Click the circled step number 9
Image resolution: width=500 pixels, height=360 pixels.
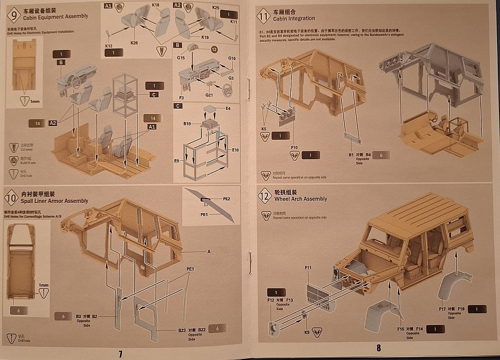[13, 14]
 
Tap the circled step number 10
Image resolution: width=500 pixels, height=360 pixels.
[13, 197]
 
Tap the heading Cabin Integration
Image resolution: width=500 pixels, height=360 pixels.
[294, 19]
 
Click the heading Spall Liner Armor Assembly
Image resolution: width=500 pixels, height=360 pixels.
[55, 201]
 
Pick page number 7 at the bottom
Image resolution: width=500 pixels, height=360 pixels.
[121, 353]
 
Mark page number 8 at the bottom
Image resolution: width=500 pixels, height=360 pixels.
[378, 348]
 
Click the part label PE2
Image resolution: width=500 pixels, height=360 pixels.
[227, 198]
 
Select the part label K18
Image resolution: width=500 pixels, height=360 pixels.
[155, 5]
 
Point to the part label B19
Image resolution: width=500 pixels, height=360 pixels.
[188, 124]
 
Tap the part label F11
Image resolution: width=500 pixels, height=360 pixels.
[308, 268]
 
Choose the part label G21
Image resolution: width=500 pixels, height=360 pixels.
[209, 95]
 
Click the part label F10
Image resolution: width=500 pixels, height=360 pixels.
[294, 146]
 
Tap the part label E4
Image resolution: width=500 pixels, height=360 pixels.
[227, 108]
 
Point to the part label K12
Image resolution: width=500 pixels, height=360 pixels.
[109, 46]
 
